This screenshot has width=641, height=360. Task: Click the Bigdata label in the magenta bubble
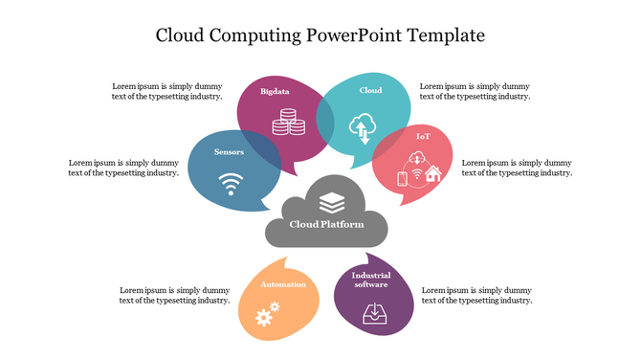(275, 92)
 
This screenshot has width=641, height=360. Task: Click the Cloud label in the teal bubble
(370, 91)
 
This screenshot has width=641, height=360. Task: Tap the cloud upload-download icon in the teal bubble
(364, 126)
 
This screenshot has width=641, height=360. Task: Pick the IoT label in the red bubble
(423, 137)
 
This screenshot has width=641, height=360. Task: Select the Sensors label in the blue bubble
(229, 152)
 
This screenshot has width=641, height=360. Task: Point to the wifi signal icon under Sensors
(230, 183)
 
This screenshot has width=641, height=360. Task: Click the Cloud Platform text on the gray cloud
(327, 224)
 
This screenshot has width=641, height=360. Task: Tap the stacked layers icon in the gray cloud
(331, 202)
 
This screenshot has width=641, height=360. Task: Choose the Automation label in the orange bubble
(284, 284)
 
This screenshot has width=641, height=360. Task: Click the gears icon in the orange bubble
(267, 313)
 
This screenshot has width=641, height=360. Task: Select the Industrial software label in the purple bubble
(371, 280)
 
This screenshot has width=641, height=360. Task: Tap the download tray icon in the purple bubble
(374, 312)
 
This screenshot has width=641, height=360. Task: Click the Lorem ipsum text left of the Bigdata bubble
(167, 91)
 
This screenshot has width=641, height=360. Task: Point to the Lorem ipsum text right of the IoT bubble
(517, 168)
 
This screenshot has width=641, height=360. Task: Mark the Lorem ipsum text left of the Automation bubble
(174, 295)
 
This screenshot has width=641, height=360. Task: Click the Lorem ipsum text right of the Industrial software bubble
(476, 295)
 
